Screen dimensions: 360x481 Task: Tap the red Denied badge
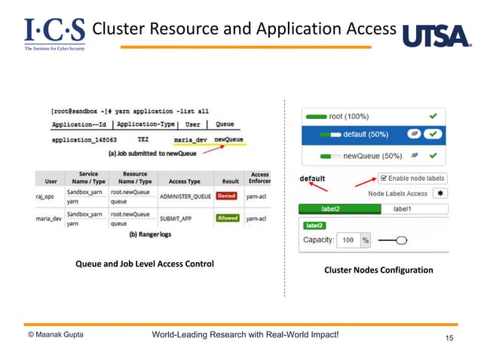coord(226,195)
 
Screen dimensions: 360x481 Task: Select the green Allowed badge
coord(227,218)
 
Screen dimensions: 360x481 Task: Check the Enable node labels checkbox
coord(383,178)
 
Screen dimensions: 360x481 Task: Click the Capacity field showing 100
coord(348,240)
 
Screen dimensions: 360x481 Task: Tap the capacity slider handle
coord(401,240)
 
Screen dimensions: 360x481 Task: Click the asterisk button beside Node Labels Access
coord(439,194)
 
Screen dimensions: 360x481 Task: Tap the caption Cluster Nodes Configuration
coord(378,270)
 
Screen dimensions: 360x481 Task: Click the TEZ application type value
coord(142,139)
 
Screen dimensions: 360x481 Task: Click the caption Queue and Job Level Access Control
coord(144,264)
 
